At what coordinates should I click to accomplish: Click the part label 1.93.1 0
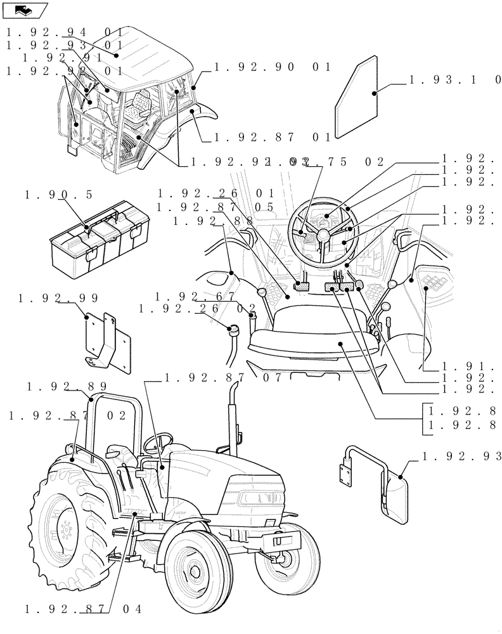click(454, 81)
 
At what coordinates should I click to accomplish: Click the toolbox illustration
click(100, 238)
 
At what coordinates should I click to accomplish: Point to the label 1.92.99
click(59, 297)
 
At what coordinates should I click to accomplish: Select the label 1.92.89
click(67, 386)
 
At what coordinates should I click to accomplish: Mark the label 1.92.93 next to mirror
click(460, 456)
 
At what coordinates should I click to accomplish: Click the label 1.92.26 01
click(216, 193)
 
